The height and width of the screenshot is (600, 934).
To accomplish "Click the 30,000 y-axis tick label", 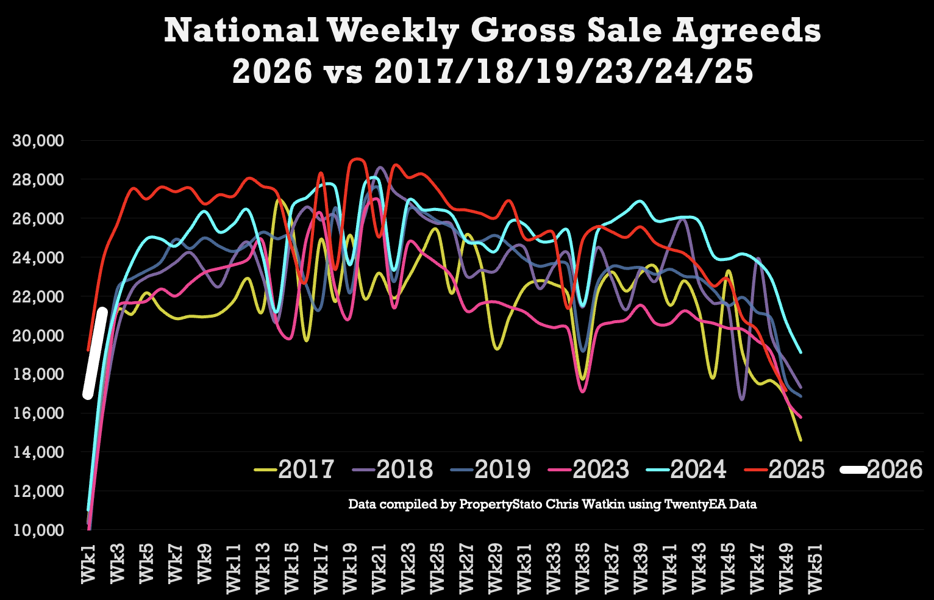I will [38, 141].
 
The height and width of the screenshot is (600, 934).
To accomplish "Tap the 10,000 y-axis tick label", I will [38, 530].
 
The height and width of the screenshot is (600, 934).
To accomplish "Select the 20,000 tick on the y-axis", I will [38, 335].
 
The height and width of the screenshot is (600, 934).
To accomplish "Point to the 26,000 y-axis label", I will [38, 219].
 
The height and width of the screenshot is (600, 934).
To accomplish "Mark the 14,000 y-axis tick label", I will [38, 452].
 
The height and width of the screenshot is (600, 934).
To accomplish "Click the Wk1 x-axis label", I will [89, 564].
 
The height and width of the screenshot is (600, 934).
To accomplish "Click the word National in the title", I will [241, 30].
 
